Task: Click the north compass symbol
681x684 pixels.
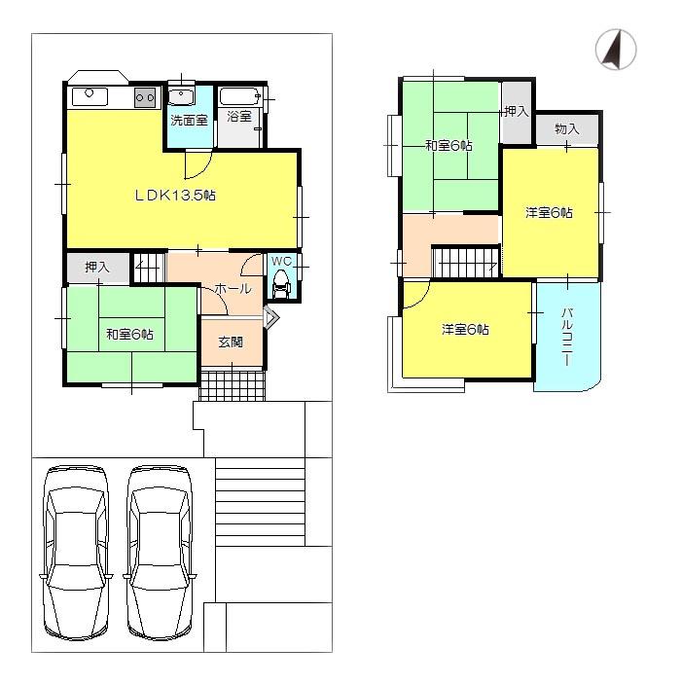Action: point(615,50)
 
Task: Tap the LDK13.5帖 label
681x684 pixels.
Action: point(175,195)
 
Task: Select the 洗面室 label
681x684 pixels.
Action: point(189,121)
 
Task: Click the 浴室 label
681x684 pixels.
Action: point(239,117)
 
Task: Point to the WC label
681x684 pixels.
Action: point(281,261)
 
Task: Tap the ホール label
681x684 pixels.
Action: point(233,289)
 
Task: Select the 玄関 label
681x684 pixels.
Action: point(231,342)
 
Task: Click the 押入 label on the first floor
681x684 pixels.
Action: point(96,267)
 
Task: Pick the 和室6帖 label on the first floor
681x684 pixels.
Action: point(129,335)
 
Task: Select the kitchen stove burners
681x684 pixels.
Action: point(145,96)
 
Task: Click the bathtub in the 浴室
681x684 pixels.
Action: point(238,96)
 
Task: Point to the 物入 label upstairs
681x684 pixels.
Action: point(566,129)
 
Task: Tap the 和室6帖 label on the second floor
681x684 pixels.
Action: point(448,146)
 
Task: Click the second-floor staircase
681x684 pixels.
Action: point(466,262)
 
